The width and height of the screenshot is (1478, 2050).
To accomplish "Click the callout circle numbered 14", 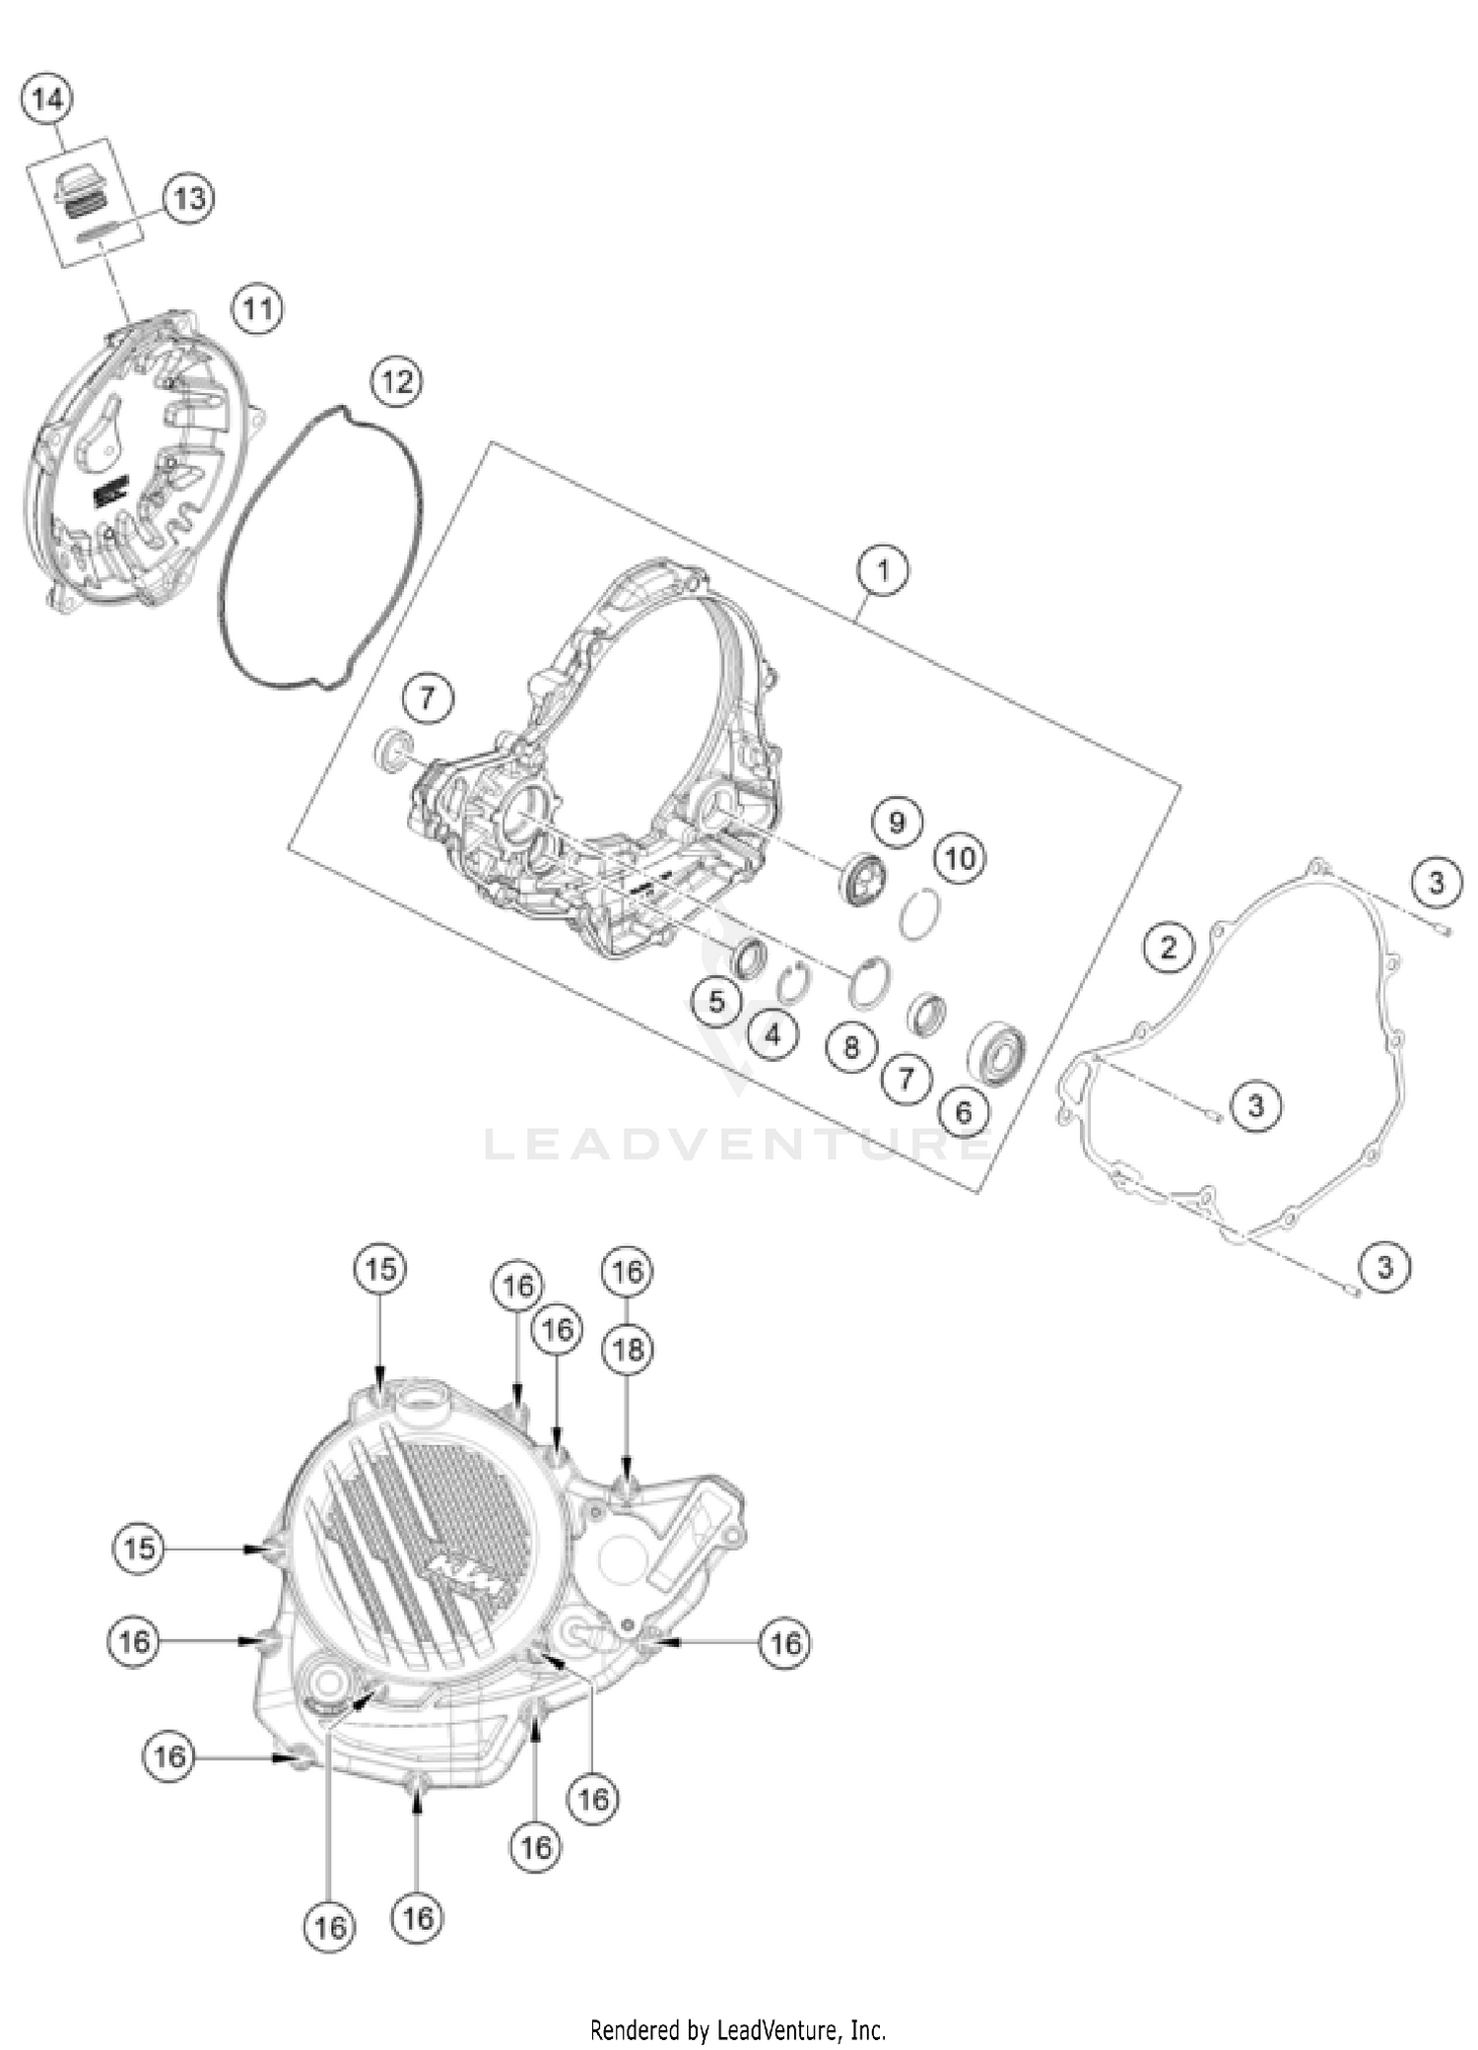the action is coord(46,99).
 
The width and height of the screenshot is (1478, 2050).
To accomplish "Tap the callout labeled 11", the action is coord(257,309).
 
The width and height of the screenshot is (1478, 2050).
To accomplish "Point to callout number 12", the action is coord(397,381).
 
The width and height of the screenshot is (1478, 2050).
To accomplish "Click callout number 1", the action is coord(883,570).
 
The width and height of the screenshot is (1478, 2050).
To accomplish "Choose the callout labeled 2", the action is coord(1169,948).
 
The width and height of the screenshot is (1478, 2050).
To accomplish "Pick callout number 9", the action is coord(897,822).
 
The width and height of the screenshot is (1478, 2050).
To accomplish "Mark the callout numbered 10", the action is coord(960,858).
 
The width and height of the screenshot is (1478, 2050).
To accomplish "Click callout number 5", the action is coord(716,1002).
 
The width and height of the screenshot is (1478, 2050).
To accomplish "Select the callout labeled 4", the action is coord(773,1035).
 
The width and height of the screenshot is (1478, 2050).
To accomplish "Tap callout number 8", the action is coord(851,1046).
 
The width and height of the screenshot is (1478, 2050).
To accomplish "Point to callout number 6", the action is coord(964,1112).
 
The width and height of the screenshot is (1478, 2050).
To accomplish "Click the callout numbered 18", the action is coord(629,1349).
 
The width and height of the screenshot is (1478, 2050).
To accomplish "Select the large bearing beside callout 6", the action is coord(998,1053).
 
